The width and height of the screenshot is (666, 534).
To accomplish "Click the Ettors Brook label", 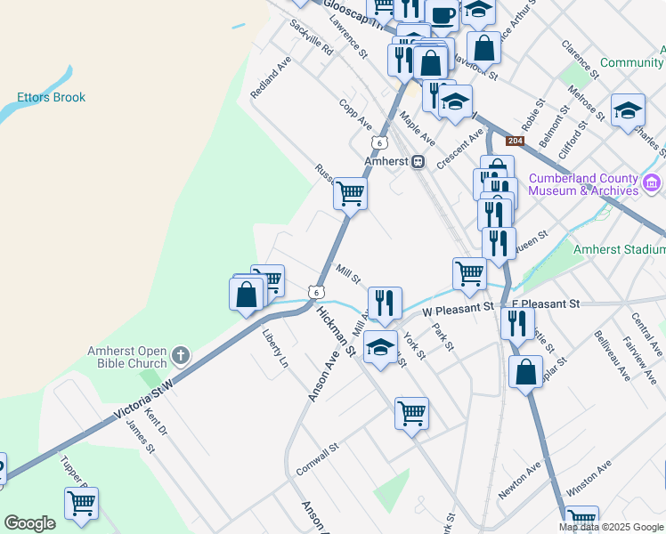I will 52,97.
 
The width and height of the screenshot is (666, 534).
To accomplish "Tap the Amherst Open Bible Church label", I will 126,357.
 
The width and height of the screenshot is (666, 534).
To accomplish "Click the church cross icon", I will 180,356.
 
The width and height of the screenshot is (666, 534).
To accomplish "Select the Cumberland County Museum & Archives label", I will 583,184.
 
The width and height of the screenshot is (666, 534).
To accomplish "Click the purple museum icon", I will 652,184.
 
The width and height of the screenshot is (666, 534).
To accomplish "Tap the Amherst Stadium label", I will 619,250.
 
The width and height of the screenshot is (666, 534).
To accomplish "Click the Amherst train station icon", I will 417,162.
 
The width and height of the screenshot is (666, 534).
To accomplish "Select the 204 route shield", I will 515,142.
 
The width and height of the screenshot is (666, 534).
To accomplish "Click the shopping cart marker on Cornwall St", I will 411,412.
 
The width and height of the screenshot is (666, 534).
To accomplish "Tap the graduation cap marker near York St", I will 380,347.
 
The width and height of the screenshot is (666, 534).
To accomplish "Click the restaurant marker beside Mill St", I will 385,302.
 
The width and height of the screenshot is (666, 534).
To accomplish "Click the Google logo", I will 29,523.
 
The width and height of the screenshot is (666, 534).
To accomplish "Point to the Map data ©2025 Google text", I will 612,527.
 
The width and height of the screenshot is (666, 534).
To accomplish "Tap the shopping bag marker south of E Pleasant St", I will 526,371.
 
